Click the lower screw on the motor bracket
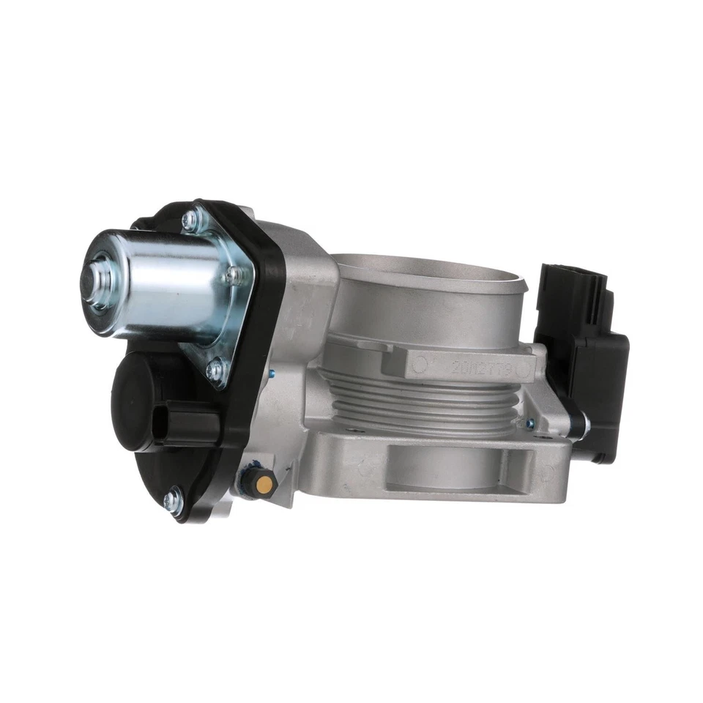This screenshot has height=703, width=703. coord(214,371)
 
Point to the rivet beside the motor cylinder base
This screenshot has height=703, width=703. coord(236,275)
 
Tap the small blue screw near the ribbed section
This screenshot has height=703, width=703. coord(522,423)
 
